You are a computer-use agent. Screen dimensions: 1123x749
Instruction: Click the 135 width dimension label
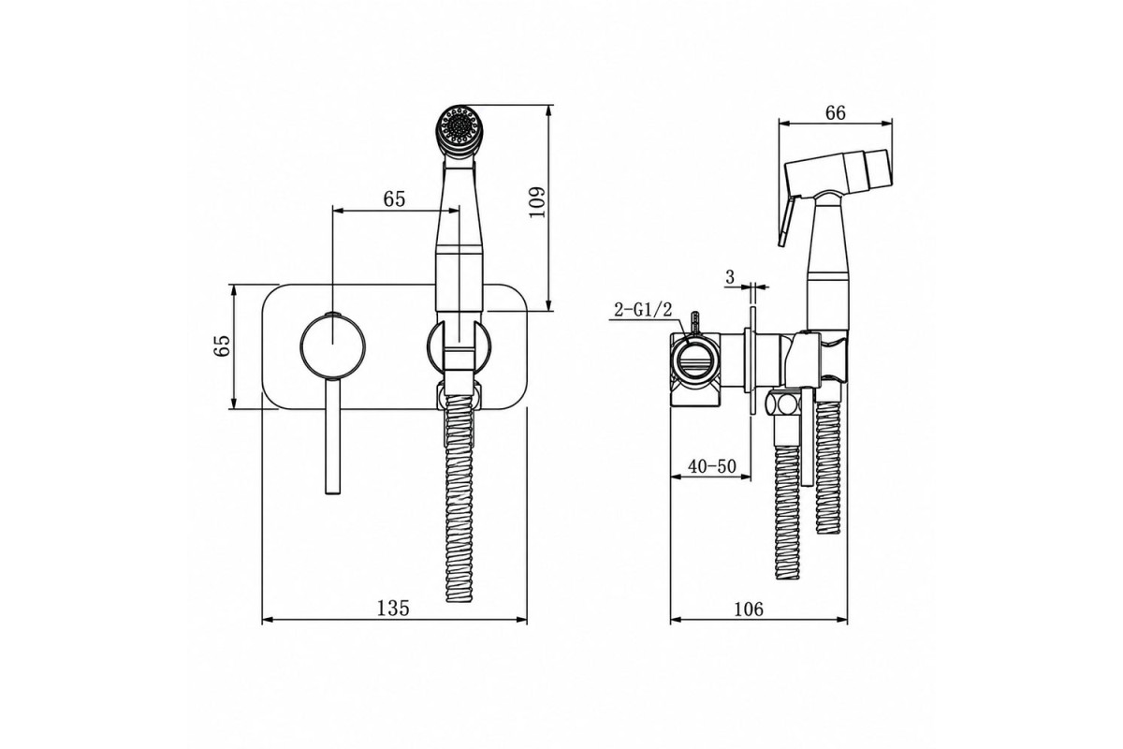click(x=393, y=608)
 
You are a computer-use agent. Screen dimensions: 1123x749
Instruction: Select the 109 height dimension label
click(x=537, y=202)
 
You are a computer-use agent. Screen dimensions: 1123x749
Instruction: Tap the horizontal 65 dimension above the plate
click(x=394, y=199)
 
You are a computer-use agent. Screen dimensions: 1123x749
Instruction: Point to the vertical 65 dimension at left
click(x=222, y=345)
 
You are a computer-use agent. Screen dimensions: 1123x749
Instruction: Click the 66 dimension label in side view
click(x=835, y=113)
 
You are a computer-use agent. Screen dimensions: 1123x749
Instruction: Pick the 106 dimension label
click(x=749, y=609)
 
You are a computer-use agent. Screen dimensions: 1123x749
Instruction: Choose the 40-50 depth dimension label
click(x=712, y=466)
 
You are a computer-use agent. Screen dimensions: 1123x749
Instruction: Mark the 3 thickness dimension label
click(x=729, y=277)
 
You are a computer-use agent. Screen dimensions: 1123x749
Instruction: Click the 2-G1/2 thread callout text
click(x=643, y=310)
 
